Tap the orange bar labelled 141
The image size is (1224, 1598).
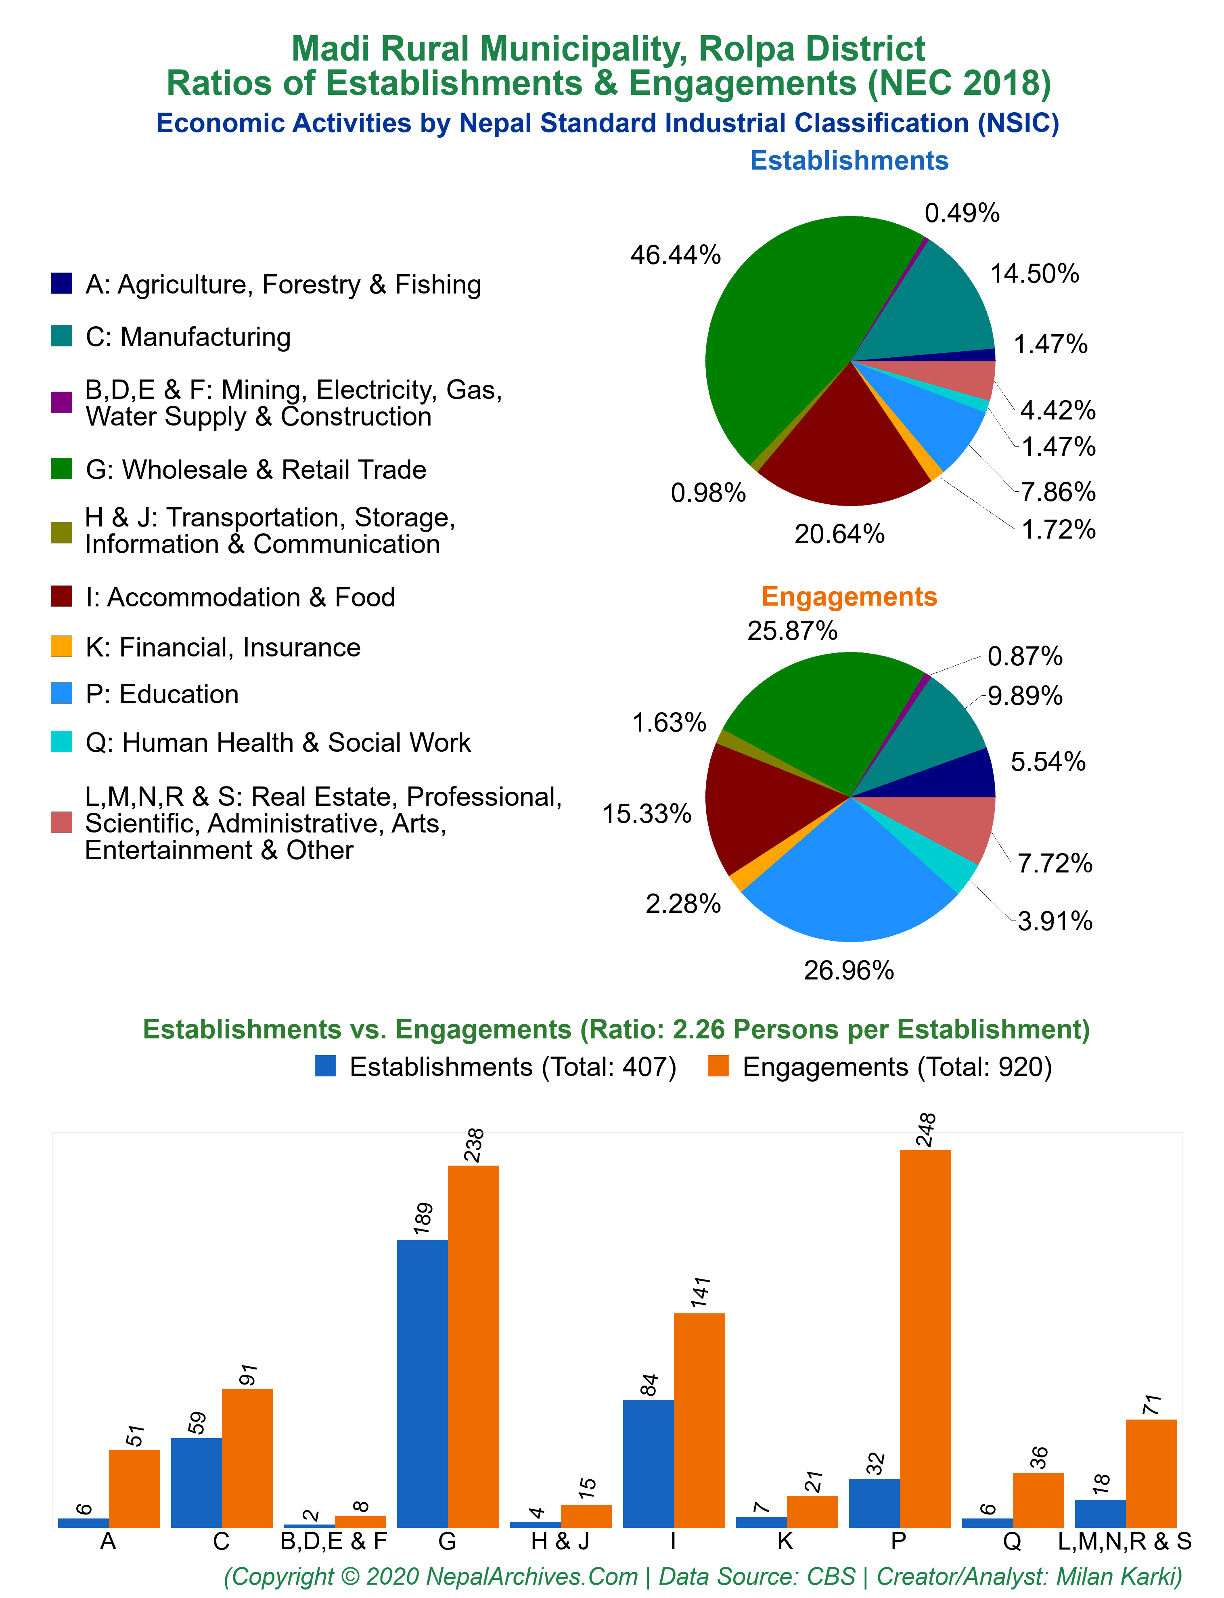tap(699, 1421)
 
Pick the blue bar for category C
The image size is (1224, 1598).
tap(197, 1483)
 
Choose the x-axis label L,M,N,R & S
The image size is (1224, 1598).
tap(1125, 1542)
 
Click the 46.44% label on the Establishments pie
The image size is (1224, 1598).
tap(676, 255)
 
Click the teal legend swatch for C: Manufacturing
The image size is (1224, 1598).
tap(61, 336)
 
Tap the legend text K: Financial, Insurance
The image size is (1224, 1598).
tap(223, 647)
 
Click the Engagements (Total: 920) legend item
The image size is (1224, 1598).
tap(880, 1067)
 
